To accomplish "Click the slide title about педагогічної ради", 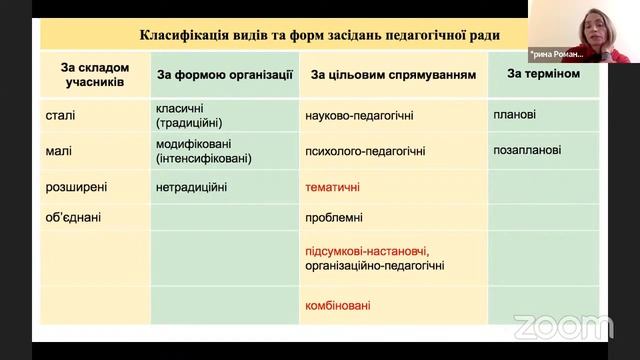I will [320, 35].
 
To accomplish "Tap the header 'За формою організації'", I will [225, 74].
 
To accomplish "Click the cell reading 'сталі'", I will [61, 115].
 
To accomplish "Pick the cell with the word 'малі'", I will [59, 151].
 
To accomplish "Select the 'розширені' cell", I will [76, 187].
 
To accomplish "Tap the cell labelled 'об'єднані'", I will [74, 217].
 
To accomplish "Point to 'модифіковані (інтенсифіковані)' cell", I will [204, 151].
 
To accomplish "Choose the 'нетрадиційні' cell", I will [192, 187].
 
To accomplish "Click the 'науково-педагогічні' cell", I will [358, 116].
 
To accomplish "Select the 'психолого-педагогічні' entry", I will [365, 152].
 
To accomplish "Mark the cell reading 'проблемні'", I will [334, 217].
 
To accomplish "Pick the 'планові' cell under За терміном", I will [514, 115].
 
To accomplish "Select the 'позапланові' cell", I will [527, 151].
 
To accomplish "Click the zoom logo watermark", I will [563, 326].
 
